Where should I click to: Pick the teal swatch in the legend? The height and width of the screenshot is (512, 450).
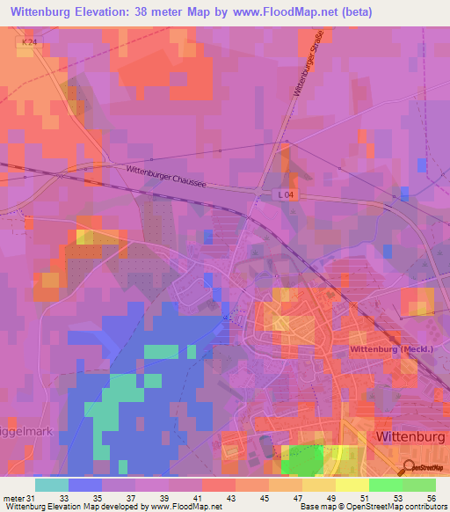point(52,485)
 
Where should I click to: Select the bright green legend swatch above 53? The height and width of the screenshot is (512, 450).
point(386,485)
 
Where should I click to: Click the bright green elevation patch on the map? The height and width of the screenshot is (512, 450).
point(305,461)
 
